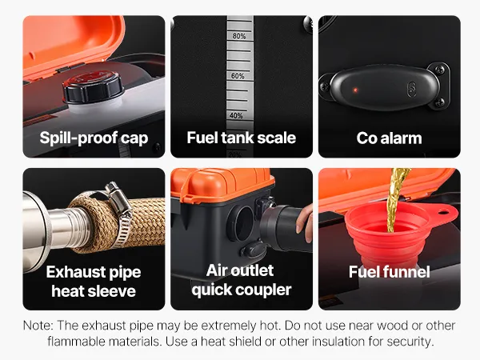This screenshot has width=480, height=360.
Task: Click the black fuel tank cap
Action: [93, 87]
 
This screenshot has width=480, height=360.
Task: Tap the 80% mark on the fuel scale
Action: [239, 36]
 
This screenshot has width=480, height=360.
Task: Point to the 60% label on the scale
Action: [238, 76]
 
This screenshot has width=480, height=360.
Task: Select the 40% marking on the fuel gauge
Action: [236, 116]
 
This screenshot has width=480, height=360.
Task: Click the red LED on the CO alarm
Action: [355, 90]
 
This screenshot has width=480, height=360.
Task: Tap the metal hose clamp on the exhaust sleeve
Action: [118, 211]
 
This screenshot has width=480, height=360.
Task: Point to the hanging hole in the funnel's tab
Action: [443, 212]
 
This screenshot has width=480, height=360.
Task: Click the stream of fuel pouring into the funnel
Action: [395, 199]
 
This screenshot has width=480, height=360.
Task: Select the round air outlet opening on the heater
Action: [242, 222]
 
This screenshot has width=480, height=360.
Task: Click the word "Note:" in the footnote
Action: [38, 326]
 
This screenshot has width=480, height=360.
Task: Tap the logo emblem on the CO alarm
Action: [412, 90]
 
